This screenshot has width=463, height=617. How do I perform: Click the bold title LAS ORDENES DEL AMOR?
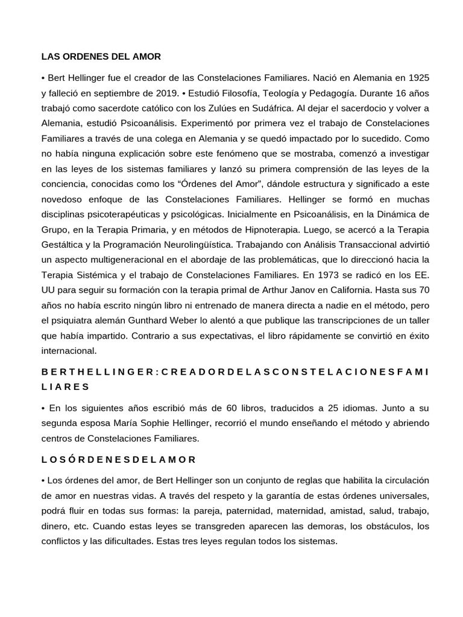tap(101, 57)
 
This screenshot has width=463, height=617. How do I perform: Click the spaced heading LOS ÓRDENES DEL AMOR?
tap(119, 459)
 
